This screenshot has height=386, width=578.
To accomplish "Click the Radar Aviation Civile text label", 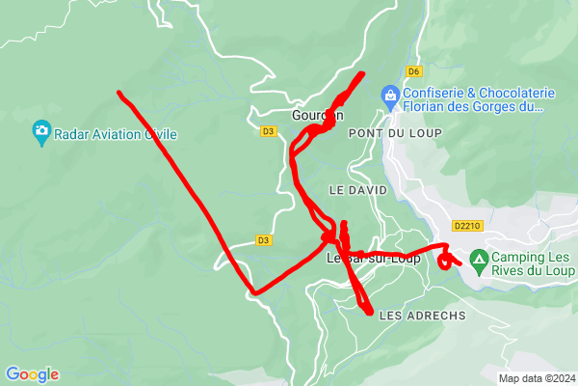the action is click(x=121, y=135).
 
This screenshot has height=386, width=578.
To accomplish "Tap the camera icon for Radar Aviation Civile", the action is click(x=41, y=131).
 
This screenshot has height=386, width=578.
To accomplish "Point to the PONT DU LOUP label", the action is click(x=381, y=132).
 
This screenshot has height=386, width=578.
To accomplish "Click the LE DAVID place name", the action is click(x=357, y=190).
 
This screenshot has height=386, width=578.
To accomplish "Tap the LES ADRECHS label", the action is click(x=422, y=316).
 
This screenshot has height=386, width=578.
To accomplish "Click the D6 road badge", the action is click(x=413, y=70).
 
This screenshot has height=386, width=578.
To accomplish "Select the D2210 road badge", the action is click(x=466, y=226).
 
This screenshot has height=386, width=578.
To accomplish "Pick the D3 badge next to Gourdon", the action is click(x=268, y=130).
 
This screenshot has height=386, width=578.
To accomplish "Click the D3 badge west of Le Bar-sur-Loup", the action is click(x=263, y=240).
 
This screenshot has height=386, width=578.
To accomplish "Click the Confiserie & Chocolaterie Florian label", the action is click(x=480, y=99).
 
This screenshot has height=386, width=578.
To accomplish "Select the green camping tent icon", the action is click(x=479, y=259).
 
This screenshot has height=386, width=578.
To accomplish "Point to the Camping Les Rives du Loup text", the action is click(x=531, y=263).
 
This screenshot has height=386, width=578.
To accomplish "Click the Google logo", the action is click(x=32, y=374).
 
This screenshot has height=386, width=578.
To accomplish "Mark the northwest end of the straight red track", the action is click(x=119, y=93).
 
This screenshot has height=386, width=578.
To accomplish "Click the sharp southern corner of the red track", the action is click(x=253, y=292).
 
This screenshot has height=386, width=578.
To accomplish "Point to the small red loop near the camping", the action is click(x=446, y=260).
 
